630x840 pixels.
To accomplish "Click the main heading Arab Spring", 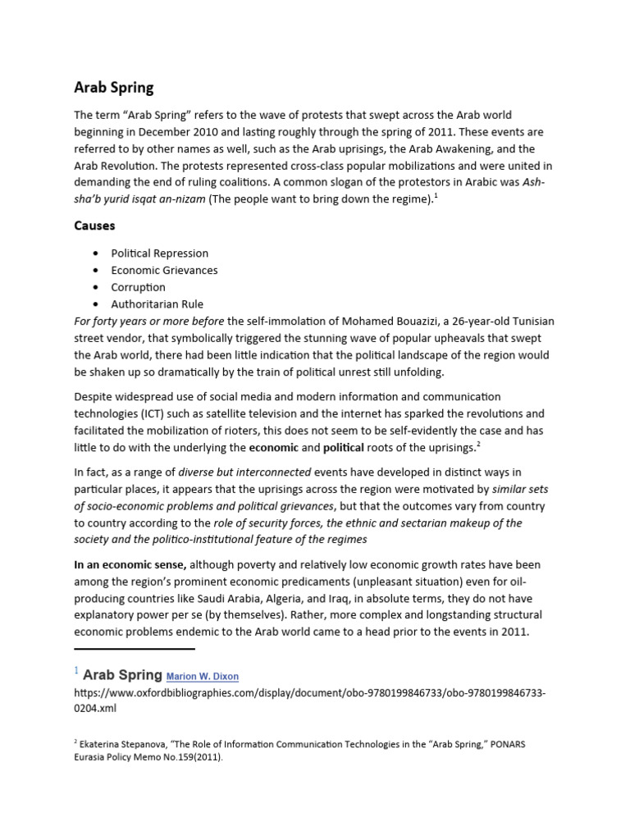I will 113,87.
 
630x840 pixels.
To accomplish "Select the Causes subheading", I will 94,225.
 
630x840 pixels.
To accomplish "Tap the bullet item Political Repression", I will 160,253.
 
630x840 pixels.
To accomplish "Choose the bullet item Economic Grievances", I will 165,270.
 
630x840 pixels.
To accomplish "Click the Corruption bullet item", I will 139,287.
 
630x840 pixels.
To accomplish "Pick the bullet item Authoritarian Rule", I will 157,304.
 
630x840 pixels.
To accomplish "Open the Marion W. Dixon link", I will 203,677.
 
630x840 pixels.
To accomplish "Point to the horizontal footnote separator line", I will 135,649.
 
